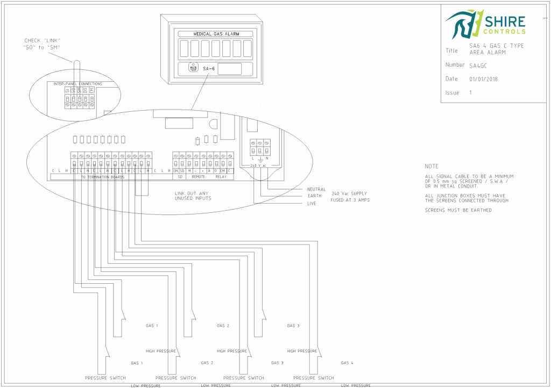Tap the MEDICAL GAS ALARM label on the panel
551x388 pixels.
(x=216, y=34)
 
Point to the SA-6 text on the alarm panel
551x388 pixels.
(x=209, y=68)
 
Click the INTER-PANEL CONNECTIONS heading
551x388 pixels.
(x=78, y=84)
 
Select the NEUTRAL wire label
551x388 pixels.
(x=316, y=189)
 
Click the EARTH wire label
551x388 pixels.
(x=314, y=196)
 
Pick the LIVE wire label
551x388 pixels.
(x=312, y=204)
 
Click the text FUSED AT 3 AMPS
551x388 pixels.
(x=350, y=200)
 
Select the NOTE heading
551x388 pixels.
(x=432, y=167)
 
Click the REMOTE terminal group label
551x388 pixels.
(x=199, y=177)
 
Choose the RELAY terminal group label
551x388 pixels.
(x=221, y=177)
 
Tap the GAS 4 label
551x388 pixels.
(x=348, y=363)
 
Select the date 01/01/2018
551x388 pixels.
(x=483, y=79)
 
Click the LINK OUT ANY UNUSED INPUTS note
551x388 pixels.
(x=193, y=196)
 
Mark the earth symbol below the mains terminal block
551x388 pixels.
(x=260, y=160)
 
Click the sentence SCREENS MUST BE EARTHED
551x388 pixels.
(x=458, y=210)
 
